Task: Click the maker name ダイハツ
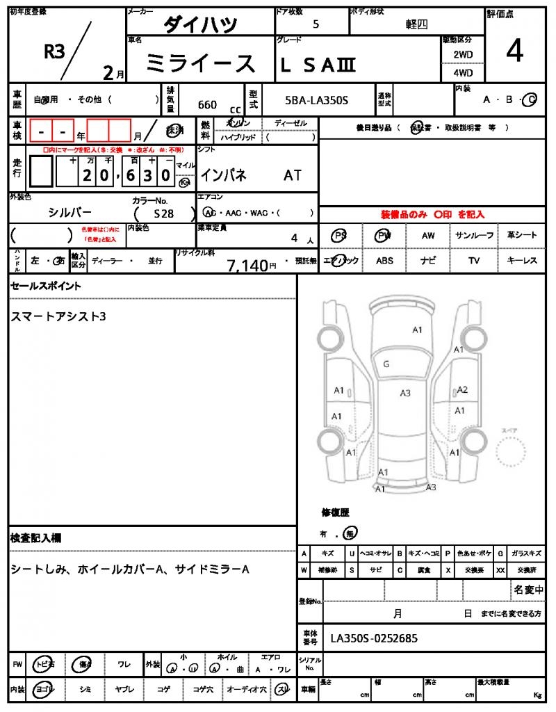pos(200,25)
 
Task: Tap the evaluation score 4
pos(514,51)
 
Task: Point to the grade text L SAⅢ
pos(318,65)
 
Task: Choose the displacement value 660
pos(207,105)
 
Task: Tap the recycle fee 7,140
pos(248,265)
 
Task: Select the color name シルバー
pos(69,212)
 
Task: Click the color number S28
pos(164,214)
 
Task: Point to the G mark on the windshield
pos(386,364)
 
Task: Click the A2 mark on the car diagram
pos(462,390)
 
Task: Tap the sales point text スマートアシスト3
pos(58,316)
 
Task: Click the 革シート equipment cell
pos(522,236)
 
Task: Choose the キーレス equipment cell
pos(522,261)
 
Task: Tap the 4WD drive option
pos(463,72)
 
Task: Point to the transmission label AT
pos(293,175)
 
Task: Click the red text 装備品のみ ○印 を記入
pos(432,215)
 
